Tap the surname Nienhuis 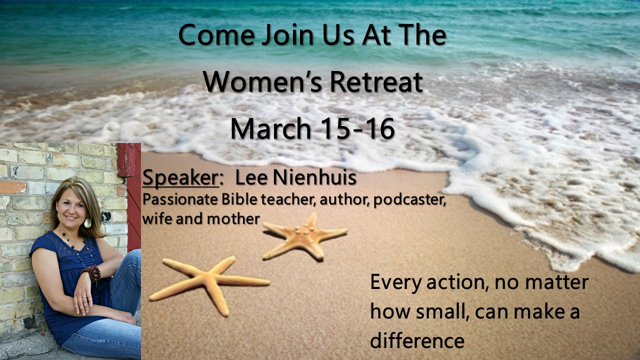(314, 177)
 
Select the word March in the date (270, 128)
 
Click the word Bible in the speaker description (239, 199)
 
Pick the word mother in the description (233, 219)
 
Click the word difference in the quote (417, 341)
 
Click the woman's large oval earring (87, 222)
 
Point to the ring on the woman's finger (84, 297)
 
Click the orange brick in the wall (13, 187)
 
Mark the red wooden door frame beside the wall (130, 197)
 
